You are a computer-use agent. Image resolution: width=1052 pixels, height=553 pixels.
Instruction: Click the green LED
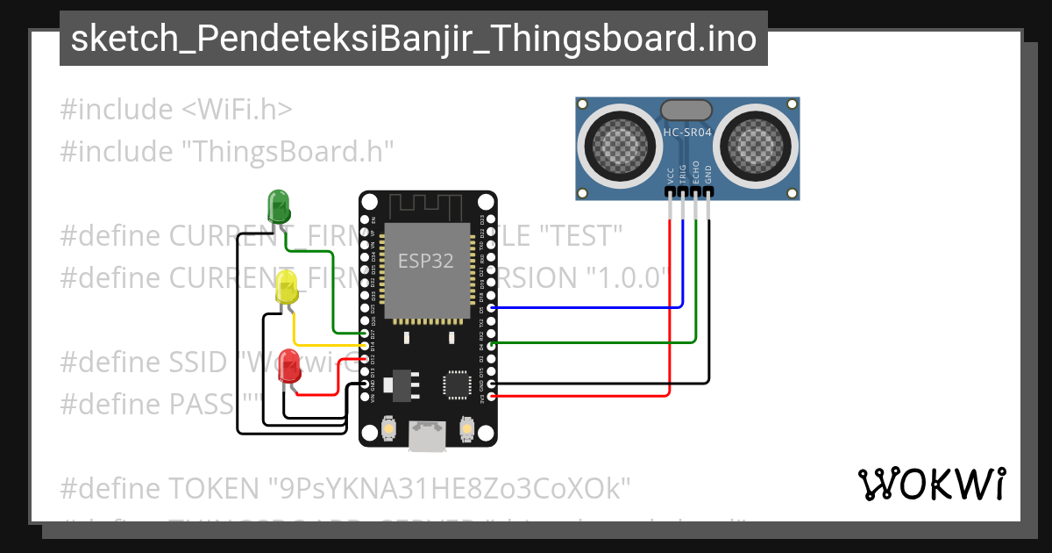[x=279, y=206]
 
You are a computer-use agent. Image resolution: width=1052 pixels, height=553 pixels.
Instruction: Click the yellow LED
[x=287, y=288]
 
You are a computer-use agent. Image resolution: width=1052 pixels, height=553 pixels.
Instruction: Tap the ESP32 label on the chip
[x=426, y=261]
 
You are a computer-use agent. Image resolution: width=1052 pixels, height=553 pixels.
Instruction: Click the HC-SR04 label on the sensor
[x=686, y=133]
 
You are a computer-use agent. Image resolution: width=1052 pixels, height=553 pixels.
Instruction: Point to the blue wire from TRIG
[x=587, y=308]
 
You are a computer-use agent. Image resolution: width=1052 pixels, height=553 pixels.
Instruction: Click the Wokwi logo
[x=932, y=484]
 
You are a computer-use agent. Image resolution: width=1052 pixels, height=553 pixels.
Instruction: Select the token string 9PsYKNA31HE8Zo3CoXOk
[x=450, y=488]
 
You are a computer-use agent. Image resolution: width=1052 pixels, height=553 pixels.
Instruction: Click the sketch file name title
[x=413, y=39]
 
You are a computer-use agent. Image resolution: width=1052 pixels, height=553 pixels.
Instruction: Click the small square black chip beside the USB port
[x=458, y=384]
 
